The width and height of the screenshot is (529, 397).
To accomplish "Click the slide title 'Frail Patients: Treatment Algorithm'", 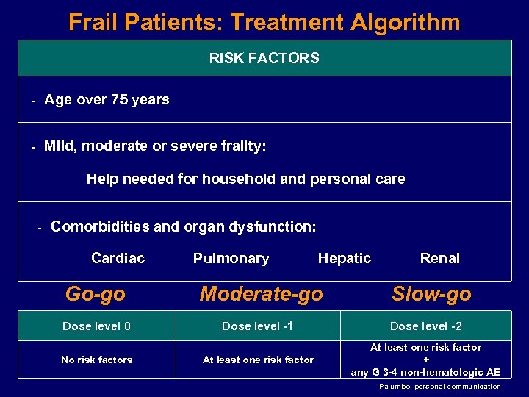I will coord(264,22).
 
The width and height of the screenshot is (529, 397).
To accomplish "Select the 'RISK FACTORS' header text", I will coord(264,58).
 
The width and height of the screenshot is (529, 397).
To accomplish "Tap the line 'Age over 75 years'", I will coord(107,100).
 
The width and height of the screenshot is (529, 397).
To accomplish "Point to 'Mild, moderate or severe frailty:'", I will coord(155,146).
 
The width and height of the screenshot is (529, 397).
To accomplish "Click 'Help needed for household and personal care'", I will coord(245,179).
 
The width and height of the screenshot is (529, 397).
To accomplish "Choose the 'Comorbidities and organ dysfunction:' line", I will coord(184,226).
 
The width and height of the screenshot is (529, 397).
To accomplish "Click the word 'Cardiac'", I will coord(118,258).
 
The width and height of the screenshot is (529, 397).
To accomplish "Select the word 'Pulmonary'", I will coord(231,258).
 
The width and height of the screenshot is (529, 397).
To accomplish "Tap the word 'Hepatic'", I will coord(344,258).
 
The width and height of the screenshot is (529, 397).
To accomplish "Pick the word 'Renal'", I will coord(439,258).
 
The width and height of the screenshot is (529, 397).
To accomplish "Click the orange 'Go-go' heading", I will coord(96,294).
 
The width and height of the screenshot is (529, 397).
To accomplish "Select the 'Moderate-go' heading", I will coord(261,294).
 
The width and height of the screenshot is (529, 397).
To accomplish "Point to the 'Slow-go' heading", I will coord(431,294).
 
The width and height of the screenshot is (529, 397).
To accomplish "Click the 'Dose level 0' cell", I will coord(96,326).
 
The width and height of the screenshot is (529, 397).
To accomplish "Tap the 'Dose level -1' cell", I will coord(258,326).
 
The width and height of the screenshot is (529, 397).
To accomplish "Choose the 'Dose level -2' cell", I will coord(426,326).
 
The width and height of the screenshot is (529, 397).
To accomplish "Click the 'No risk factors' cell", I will coord(97,360).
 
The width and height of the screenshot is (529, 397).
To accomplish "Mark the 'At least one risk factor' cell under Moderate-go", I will coord(258,360).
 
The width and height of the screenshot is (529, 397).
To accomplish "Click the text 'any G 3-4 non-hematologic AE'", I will coord(426,372).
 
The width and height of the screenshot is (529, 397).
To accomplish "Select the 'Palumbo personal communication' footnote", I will coord(440,387).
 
